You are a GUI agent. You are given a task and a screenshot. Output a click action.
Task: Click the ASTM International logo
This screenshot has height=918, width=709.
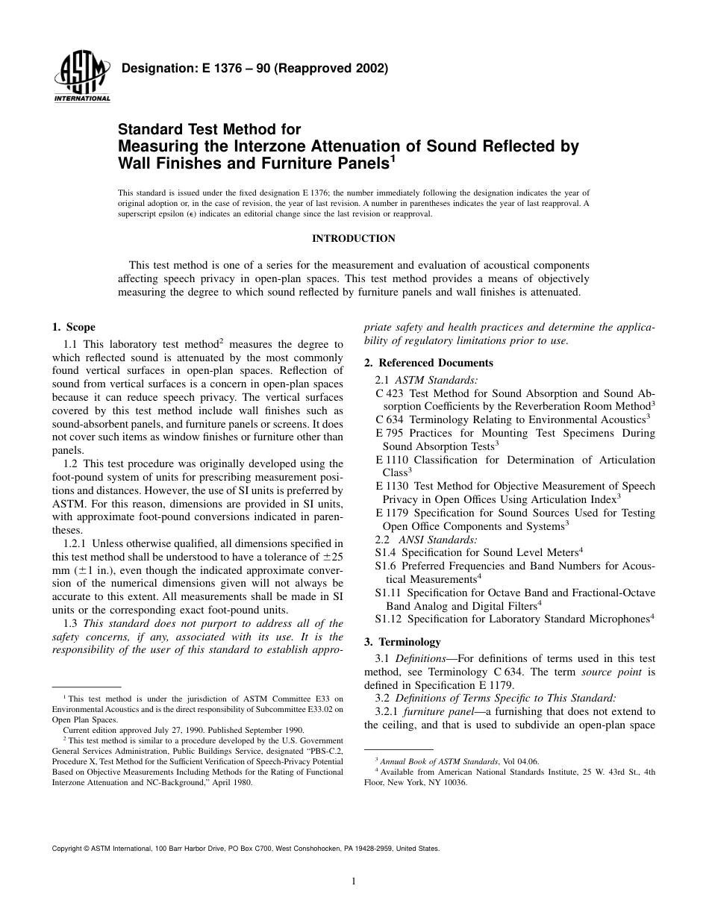click(x=81, y=78)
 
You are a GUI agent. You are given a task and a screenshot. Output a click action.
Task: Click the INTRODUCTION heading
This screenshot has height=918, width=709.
click(x=353, y=239)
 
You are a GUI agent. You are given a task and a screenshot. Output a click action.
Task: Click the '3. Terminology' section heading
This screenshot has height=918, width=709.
click(x=402, y=642)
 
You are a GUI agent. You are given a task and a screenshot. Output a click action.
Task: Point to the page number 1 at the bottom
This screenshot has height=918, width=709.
click(x=354, y=881)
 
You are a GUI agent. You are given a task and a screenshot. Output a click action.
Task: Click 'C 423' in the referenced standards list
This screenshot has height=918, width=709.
click(x=390, y=393)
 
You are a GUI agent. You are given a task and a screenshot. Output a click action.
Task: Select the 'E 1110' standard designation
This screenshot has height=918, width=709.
click(x=393, y=460)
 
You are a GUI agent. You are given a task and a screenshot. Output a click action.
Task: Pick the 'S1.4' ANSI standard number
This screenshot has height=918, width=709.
click(x=386, y=552)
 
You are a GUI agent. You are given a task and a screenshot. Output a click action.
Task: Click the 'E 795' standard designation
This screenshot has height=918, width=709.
click(x=390, y=434)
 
